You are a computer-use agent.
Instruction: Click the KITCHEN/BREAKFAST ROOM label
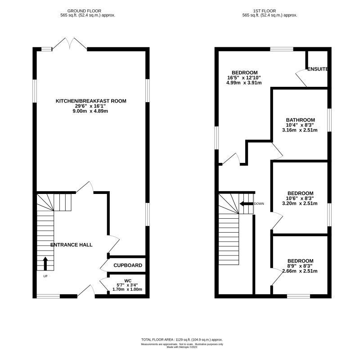(x=91, y=101)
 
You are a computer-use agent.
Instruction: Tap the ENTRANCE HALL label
(x=71, y=245)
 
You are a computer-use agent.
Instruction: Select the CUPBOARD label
(x=128, y=265)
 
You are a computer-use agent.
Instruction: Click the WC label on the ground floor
(x=128, y=281)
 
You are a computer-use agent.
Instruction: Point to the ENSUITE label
(x=318, y=69)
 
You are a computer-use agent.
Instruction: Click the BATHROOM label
(x=301, y=120)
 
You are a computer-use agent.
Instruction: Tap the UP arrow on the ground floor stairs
(x=45, y=263)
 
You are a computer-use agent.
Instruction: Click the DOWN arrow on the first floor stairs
(x=247, y=204)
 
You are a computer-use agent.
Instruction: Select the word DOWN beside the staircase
(x=259, y=204)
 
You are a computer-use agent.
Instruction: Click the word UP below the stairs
(x=45, y=276)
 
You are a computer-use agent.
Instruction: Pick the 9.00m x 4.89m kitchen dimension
(x=90, y=111)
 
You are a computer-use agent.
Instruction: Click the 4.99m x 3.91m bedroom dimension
(x=244, y=83)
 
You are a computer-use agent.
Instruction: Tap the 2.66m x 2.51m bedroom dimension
(x=300, y=271)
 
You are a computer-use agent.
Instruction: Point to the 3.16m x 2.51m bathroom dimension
(x=300, y=130)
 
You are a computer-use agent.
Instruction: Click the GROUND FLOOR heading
(x=84, y=11)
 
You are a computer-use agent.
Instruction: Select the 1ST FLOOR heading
(x=265, y=11)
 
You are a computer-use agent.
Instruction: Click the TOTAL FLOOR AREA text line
(x=182, y=340)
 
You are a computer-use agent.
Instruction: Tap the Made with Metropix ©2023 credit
(x=182, y=347)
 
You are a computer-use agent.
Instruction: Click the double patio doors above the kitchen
(x=70, y=44)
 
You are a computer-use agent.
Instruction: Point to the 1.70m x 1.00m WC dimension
(x=127, y=289)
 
